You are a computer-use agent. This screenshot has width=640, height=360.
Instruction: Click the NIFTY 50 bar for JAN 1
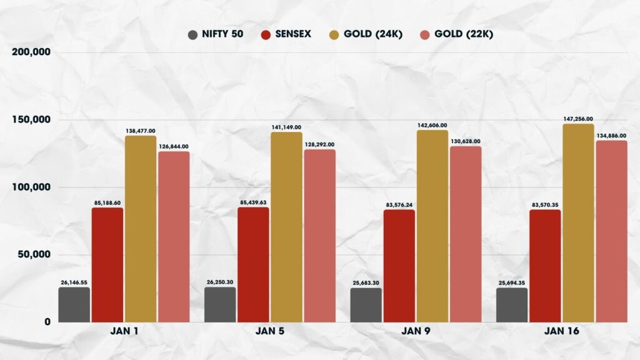click(74, 304)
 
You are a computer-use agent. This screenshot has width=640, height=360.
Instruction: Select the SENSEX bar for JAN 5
click(253, 265)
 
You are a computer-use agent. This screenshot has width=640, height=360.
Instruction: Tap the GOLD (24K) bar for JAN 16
click(578, 223)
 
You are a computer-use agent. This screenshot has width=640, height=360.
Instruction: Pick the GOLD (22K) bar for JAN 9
click(466, 234)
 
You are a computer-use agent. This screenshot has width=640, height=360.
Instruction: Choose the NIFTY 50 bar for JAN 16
click(512, 305)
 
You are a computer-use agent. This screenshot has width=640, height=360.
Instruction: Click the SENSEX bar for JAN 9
click(399, 266)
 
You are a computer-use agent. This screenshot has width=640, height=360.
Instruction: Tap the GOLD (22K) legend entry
click(457, 34)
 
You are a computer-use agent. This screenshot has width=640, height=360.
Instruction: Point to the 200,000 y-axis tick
click(31, 52)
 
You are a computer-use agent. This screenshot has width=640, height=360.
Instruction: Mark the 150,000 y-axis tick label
click(31, 119)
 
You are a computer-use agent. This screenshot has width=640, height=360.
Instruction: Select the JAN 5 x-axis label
click(270, 332)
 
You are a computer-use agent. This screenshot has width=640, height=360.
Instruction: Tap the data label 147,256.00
click(578, 119)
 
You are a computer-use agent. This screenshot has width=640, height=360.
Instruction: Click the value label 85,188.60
click(107, 202)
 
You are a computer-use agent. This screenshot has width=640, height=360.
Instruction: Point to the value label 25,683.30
click(366, 282)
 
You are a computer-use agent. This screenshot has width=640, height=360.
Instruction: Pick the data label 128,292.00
click(320, 144)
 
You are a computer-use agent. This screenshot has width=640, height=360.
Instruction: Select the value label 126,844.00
click(174, 146)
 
